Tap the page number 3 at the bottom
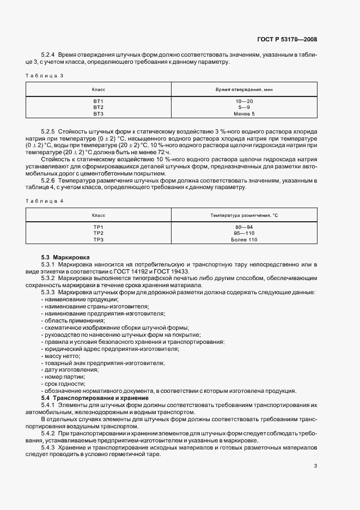pos(316,465)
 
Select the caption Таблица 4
pos(45,201)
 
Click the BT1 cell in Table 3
pos(98,102)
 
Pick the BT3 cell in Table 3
pos(98,114)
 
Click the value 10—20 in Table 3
pos(245,102)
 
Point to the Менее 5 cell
pos(245,114)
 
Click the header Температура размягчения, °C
pos(245,215)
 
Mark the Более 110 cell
pos(245,240)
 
